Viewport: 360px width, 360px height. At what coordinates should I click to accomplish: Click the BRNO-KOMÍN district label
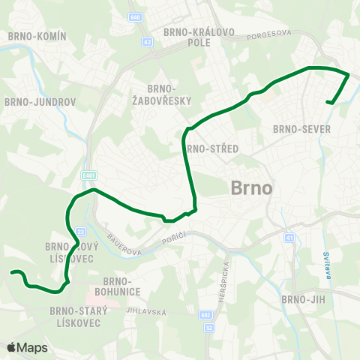(37, 36)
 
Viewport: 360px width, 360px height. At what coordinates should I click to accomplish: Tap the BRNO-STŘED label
(213, 148)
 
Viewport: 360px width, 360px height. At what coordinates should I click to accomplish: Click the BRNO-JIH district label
(301, 300)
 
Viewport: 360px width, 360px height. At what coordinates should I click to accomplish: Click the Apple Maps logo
(27, 347)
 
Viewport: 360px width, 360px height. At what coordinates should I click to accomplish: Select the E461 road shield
(89, 175)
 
